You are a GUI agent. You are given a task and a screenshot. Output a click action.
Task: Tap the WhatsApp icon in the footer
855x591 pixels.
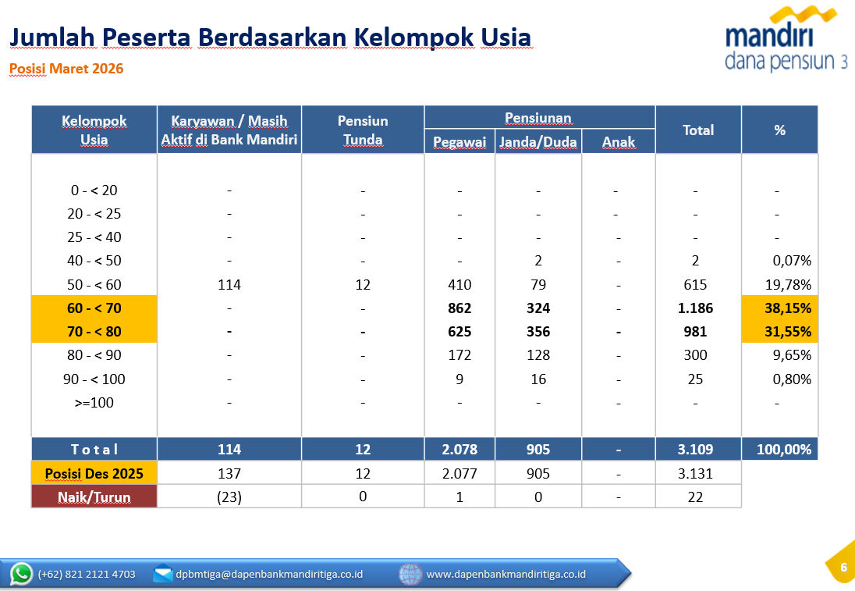(x=22, y=574)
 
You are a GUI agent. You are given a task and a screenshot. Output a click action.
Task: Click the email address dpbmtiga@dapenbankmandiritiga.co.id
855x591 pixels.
(x=269, y=575)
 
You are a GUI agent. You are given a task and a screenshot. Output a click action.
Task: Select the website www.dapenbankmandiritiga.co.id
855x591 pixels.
(x=506, y=575)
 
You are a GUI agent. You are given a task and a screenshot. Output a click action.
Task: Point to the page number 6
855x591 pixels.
(x=843, y=568)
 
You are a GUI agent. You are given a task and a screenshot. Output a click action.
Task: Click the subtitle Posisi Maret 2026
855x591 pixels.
(x=66, y=69)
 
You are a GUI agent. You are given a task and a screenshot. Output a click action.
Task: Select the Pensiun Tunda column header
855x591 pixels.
(x=363, y=130)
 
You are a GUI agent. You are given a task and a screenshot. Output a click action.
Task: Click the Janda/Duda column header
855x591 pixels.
(x=538, y=142)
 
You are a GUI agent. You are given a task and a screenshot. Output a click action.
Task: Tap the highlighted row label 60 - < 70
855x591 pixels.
(x=94, y=308)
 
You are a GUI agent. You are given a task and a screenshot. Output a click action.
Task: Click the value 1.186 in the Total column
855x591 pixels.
(x=695, y=308)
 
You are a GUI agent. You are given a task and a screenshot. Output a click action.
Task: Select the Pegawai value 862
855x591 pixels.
(x=459, y=308)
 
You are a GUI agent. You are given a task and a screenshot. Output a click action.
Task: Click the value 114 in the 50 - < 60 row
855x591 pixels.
(x=229, y=285)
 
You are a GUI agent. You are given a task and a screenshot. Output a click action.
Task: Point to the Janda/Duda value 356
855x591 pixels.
(x=538, y=332)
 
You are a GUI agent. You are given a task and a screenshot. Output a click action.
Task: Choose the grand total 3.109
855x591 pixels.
(x=695, y=450)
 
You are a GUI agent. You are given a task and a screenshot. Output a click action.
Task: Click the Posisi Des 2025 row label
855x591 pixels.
(x=94, y=473)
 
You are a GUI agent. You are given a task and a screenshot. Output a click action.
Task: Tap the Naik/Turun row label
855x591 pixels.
(x=94, y=497)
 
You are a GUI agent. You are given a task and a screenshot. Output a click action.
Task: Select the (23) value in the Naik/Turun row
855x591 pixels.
(x=229, y=497)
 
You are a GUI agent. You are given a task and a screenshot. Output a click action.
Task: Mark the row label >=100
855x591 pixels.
(x=94, y=403)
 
